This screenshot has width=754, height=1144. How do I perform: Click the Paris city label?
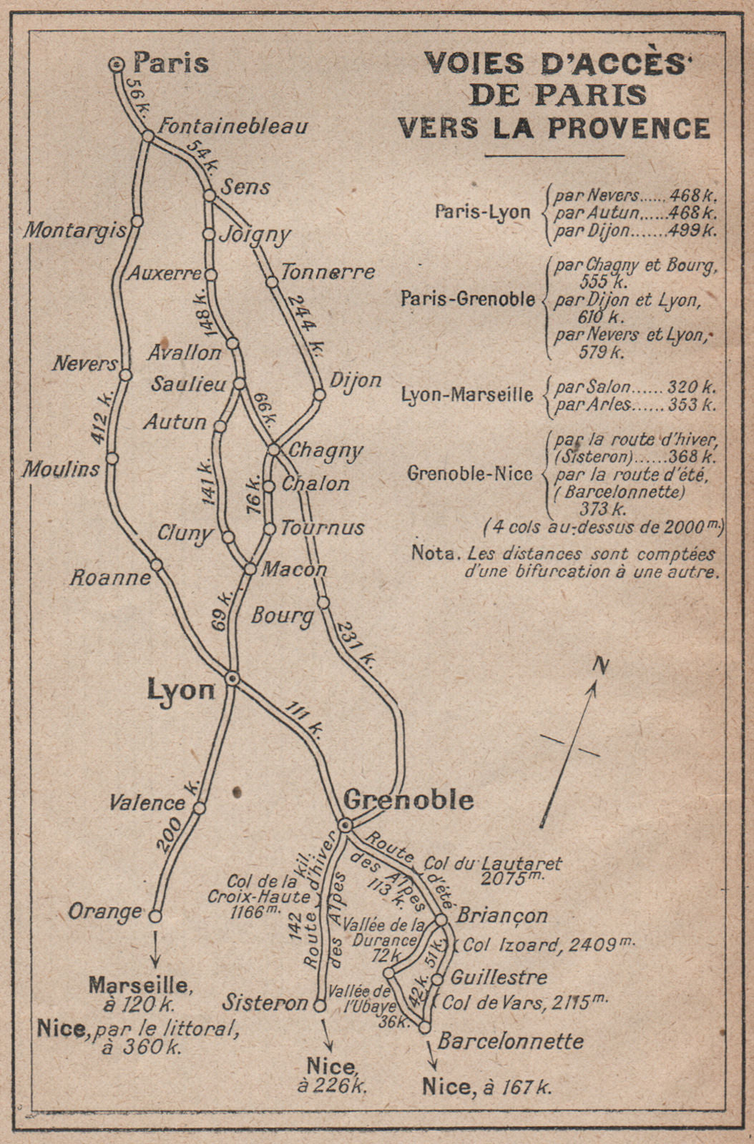[172, 63]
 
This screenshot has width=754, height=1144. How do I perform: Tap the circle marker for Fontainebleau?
[147, 136]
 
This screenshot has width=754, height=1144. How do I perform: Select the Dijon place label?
[356, 380]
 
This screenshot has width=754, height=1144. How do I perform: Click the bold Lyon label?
[181, 689]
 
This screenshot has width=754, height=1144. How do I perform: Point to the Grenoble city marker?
[345, 825]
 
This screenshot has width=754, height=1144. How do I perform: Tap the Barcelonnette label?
[510, 1040]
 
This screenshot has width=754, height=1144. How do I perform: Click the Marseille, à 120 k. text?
[139, 995]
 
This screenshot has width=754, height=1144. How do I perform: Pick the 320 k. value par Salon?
[691, 387]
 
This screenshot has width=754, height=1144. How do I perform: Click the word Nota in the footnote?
[432, 553]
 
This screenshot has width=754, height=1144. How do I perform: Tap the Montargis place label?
[74, 230]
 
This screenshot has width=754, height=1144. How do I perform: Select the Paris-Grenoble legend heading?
[467, 298]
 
